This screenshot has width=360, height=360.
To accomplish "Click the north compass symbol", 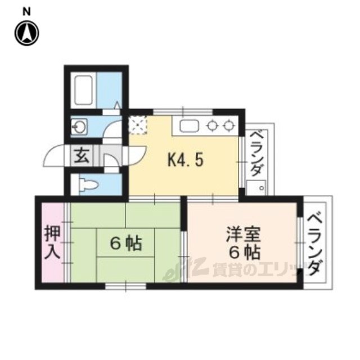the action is tap(27, 34).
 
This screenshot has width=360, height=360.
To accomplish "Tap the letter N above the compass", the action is tap(26, 12).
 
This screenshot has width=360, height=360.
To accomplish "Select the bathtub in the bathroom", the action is tap(84, 90).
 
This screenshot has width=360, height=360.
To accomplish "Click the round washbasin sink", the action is tap(79, 127).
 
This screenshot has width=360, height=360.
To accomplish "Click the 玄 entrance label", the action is tap(82, 155).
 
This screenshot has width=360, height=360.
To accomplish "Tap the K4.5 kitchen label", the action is tap(186, 160).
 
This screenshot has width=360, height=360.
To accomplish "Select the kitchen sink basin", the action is tap(189, 126).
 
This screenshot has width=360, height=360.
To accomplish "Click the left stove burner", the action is tap(212, 126).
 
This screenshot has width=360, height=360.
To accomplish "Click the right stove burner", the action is tap(228, 126).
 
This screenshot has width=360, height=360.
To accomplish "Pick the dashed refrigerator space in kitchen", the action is tap(137, 125).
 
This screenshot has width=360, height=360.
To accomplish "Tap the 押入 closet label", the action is tap(52, 242).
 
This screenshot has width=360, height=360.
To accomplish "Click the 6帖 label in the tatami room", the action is tap(126, 244).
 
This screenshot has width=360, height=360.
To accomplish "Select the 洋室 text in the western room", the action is tap(243, 234).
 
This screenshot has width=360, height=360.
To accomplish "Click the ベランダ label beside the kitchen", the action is tap(256, 153).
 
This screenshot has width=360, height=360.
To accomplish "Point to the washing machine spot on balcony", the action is tap(256, 188).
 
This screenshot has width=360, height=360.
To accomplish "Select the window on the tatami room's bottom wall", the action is tap(125, 286).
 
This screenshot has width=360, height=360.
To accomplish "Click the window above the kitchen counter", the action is tap(183, 112).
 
